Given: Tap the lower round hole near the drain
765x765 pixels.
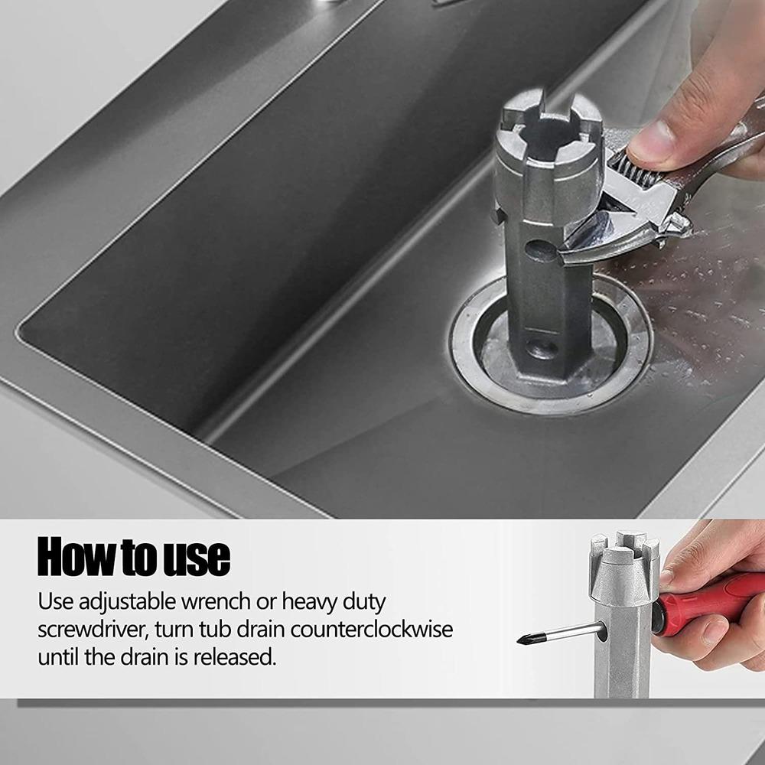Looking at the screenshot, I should pos(542,348).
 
